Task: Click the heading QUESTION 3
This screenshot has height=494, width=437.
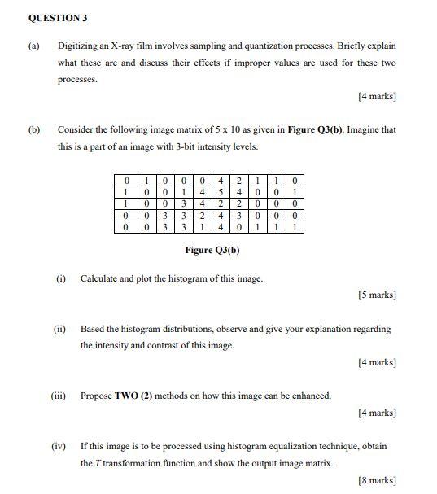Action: [x=58, y=17]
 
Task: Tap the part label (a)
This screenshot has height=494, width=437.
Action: [x=33, y=46]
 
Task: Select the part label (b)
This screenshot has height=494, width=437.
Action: [x=33, y=129]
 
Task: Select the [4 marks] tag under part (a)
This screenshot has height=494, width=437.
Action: [x=377, y=97]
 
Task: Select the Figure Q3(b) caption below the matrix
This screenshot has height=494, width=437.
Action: [x=212, y=250]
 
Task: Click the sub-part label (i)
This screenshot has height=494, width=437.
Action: [x=61, y=278]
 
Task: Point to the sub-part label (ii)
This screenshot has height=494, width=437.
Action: [x=59, y=329]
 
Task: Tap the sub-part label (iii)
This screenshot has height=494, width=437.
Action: [x=59, y=396]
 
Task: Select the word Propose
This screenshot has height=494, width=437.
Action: [x=96, y=396]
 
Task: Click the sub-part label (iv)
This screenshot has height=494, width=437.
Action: [x=59, y=446]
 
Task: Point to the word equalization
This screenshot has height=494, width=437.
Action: [x=306, y=446]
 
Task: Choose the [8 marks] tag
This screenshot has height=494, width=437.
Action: [x=377, y=480]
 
